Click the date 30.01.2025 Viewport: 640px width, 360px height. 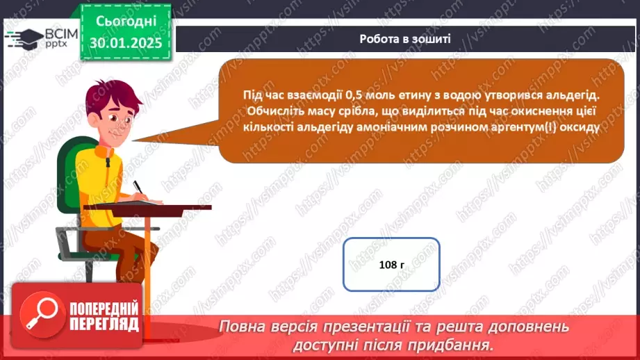[126, 42]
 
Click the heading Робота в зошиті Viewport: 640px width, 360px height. [405, 39]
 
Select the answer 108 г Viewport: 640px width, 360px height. [392, 264]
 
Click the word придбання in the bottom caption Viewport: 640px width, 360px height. [459, 343]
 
